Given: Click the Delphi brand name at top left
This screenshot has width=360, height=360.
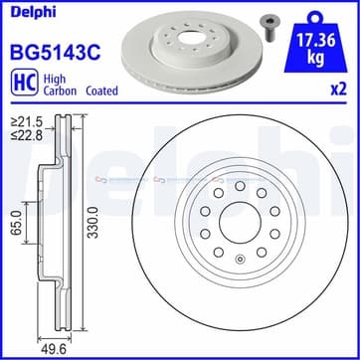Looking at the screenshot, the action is click(x=34, y=12).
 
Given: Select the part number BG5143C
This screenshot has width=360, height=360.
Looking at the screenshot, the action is click(x=56, y=53).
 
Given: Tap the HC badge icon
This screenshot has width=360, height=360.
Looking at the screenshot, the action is click(x=25, y=83).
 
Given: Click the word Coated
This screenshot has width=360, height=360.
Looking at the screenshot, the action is click(x=101, y=90).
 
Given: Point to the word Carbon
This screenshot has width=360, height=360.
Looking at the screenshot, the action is click(x=60, y=90).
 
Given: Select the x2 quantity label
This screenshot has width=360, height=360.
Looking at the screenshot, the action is click(x=339, y=90).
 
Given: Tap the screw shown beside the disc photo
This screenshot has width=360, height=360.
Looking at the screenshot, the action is click(x=269, y=28).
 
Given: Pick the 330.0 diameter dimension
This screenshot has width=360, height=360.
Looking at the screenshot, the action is click(x=94, y=222).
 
